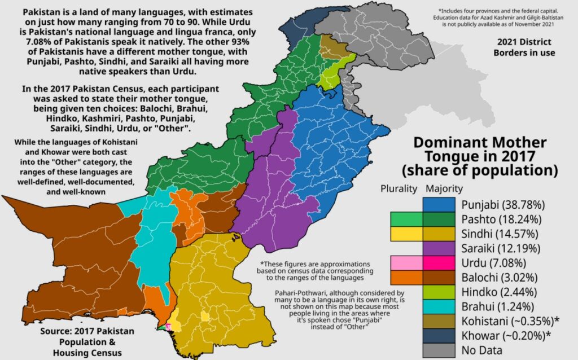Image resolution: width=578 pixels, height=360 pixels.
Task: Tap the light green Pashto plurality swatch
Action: (x=406, y=218)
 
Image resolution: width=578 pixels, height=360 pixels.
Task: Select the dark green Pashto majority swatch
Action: (x=439, y=218)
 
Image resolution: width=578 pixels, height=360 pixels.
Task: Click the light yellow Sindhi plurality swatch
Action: (x=406, y=233)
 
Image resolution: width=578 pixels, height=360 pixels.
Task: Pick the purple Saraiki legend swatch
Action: (x=439, y=248)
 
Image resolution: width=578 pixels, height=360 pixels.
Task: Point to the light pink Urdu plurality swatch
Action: (x=406, y=262)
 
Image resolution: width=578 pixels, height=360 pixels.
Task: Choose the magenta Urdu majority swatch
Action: (x=439, y=262)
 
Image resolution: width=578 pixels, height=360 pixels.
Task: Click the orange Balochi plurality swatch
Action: (x=406, y=277)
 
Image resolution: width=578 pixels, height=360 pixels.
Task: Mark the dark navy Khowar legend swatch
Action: (x=439, y=336)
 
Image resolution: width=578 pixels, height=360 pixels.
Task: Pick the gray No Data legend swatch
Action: (x=439, y=350)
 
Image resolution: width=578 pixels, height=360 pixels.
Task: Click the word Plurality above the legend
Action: (x=399, y=188)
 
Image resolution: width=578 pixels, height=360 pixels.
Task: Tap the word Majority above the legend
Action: (x=444, y=188)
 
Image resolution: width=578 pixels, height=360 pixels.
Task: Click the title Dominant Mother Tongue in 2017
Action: (x=480, y=155)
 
